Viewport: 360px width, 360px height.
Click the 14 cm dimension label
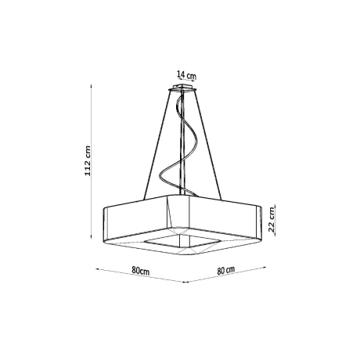tap(186, 75)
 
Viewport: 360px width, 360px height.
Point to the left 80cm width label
tap(142, 270)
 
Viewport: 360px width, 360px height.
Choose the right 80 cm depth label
tap(227, 270)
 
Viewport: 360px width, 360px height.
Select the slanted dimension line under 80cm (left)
tap(139, 276)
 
